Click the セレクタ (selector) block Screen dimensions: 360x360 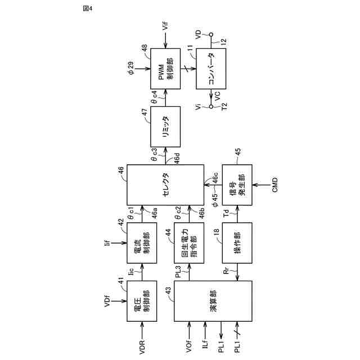pyautogui.click(x=165, y=185)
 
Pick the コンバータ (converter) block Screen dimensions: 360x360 pyautogui.click(x=211, y=68)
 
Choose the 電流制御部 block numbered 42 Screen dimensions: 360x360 pyautogui.click(x=142, y=243)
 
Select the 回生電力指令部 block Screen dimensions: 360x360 pyautogui.click(x=189, y=243)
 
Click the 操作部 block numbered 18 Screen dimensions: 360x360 pyautogui.click(x=237, y=243)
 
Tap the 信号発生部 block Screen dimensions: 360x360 pyautogui.click(x=237, y=185)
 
